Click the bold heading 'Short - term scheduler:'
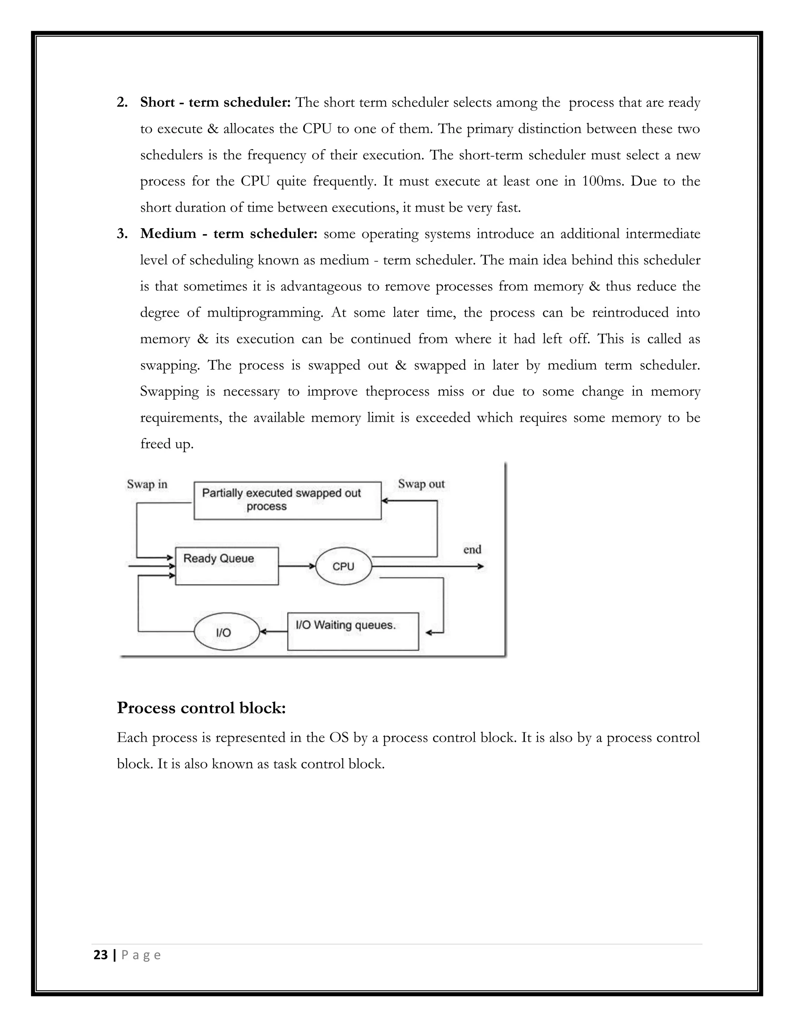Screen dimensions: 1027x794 pos(216,103)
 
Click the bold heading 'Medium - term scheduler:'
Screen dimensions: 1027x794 pos(229,234)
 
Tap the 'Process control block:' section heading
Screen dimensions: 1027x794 pos(201,708)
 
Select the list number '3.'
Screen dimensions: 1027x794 pos(122,234)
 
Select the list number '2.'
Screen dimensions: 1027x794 pos(122,103)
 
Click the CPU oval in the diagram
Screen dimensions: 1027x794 pos(343,566)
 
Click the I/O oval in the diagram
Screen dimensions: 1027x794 pos(227,632)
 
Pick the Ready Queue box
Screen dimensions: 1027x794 pos(227,566)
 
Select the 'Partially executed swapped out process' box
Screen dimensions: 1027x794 pos(287,500)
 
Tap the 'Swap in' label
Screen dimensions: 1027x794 pos(147,484)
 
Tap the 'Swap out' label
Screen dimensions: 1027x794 pos(421,484)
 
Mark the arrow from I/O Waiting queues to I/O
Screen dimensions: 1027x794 pos(273,632)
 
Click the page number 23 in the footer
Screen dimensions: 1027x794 pos(101,955)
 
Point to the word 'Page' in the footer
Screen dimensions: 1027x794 pos(141,955)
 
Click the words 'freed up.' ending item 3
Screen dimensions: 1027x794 pos(166,444)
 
